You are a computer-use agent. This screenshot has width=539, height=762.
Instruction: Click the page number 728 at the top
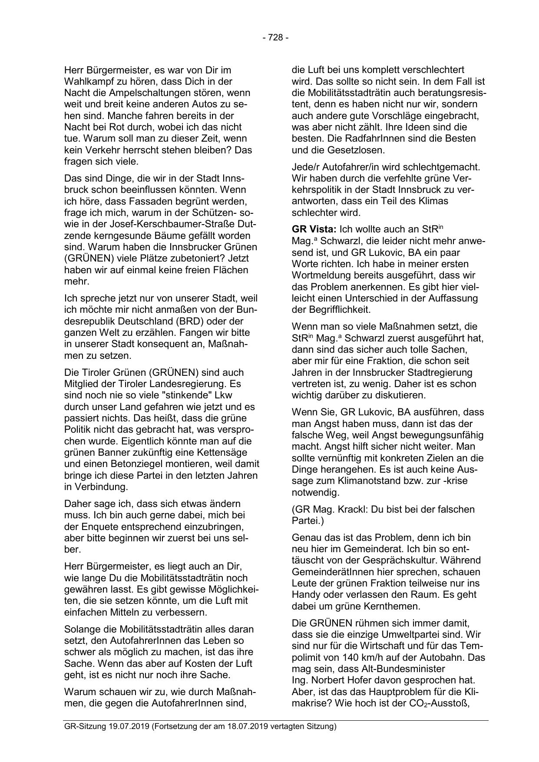pos(275,38)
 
